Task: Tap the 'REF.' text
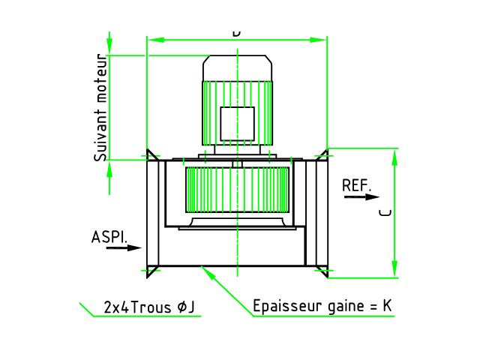coord(356,184)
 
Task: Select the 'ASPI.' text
coord(109,236)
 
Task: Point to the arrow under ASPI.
coord(124,247)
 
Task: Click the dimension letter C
coord(385,213)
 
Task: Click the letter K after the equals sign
coord(387,306)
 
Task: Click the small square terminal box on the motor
coord(237,123)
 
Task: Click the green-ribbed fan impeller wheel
coord(237,188)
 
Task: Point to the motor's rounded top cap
coord(237,68)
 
